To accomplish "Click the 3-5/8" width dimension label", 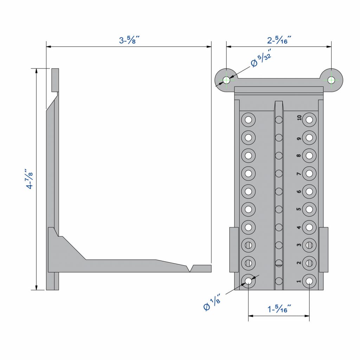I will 129,40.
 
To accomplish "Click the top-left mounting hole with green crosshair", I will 226,80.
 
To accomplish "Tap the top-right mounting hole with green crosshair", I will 331,80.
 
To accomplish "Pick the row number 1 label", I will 299,281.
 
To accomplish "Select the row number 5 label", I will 299,209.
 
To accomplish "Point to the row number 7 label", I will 299,173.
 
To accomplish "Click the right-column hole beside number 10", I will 309,120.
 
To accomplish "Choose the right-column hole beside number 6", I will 309,192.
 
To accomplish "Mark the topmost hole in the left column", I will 249,120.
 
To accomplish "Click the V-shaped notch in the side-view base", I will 191,269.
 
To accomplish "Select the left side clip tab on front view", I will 234,250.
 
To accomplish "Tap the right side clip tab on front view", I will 323,250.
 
